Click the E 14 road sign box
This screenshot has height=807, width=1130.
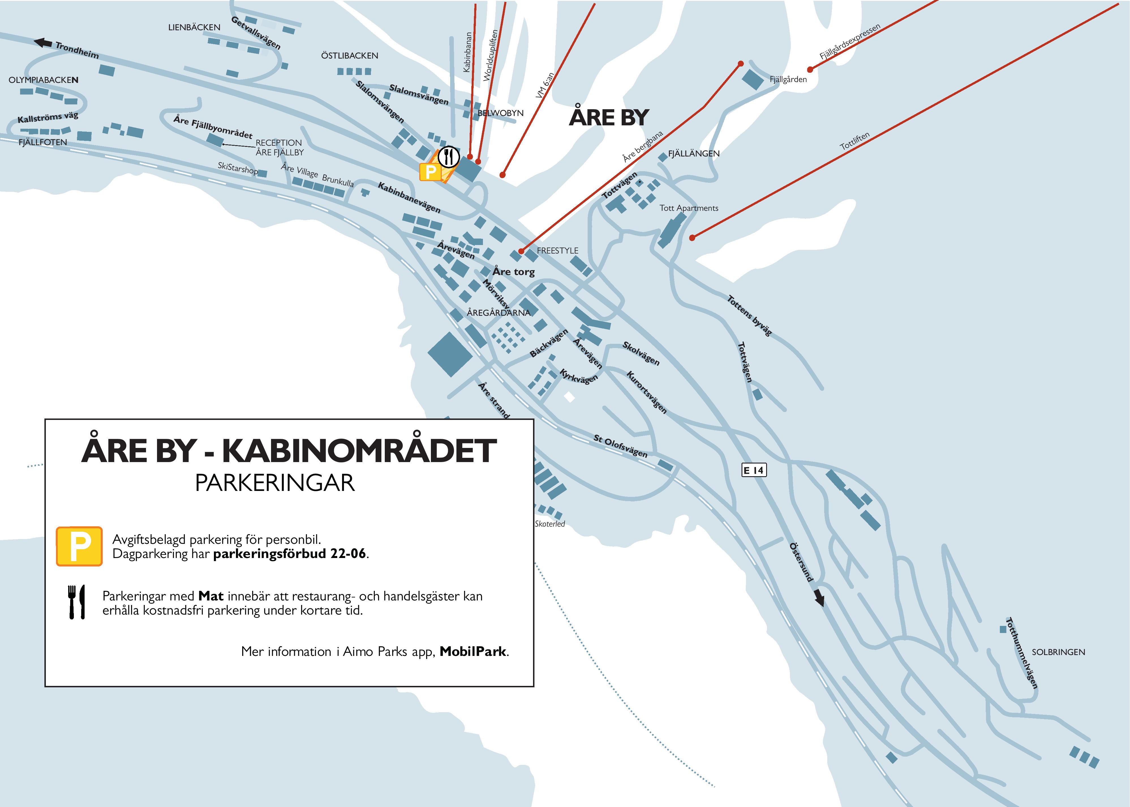(754, 470)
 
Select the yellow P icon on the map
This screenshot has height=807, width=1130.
(430, 172)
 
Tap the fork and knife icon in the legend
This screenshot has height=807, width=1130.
(76, 602)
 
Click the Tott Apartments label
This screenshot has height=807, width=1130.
(688, 208)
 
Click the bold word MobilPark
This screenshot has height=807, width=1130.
(473, 651)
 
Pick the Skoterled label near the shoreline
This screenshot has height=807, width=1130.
(550, 524)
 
